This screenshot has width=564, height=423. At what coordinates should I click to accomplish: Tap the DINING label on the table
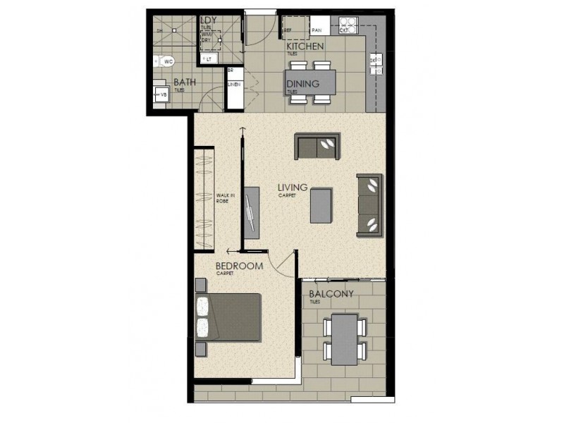302,84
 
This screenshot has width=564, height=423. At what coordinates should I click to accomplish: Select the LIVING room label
292,188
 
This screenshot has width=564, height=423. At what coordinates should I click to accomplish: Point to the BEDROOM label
239,266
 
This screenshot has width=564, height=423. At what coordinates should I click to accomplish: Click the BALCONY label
331,294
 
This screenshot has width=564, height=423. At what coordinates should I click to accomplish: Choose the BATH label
185,82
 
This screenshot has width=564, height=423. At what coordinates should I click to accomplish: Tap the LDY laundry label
208,20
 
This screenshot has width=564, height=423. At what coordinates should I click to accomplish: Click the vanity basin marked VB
161,94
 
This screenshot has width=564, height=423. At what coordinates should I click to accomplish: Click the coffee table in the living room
320,204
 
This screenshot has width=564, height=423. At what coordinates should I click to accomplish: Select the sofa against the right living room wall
369,204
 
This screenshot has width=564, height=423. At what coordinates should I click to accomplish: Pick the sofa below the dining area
317,146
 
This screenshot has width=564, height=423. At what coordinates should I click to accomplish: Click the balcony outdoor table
344,340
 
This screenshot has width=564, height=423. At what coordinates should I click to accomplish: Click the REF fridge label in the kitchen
288,30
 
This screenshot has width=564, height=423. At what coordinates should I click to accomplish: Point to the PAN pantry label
317,31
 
